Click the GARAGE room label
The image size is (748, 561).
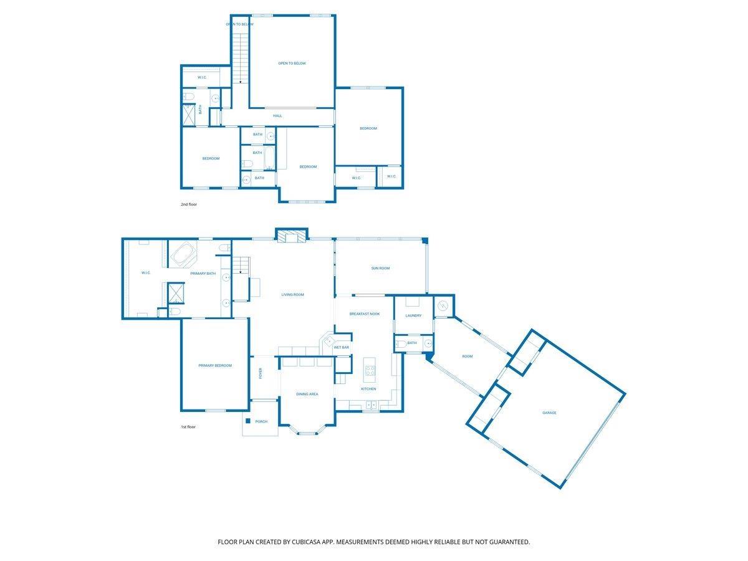(x=549, y=413)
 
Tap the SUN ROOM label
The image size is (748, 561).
(x=380, y=268)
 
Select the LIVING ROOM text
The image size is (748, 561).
(x=292, y=295)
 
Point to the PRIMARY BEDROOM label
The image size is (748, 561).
(x=215, y=365)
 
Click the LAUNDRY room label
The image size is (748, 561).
(x=413, y=315)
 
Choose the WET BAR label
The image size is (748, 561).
(x=341, y=347)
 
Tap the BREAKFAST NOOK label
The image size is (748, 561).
(x=364, y=314)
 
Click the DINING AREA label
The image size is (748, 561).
(x=307, y=394)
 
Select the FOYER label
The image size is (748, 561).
(x=261, y=373)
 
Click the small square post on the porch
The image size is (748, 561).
(x=248, y=421)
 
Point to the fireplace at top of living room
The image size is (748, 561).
(x=291, y=236)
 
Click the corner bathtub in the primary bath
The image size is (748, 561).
(x=183, y=254)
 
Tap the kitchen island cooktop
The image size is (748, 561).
(x=370, y=370)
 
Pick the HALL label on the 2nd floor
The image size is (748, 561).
(x=277, y=116)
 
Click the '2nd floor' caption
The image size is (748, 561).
(x=188, y=204)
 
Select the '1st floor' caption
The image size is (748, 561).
(x=188, y=427)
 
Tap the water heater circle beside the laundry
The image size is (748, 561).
(x=443, y=305)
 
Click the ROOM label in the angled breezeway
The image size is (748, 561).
(x=467, y=357)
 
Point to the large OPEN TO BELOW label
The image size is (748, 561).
(x=292, y=64)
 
